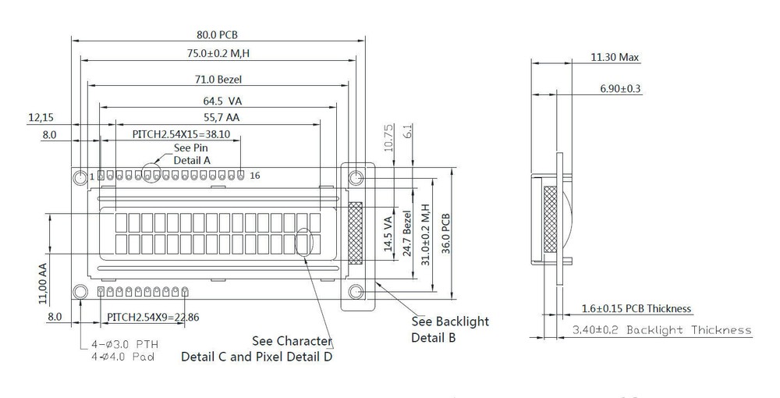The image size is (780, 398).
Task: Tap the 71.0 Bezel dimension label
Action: pos(218,79)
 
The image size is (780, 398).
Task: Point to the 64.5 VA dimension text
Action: pos(221,101)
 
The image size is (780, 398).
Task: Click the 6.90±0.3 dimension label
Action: pos(620,89)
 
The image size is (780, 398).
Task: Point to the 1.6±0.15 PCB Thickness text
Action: pos(636,309)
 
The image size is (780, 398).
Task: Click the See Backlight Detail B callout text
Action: pos(450,329)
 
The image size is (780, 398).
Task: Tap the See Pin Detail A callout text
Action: pos(192,154)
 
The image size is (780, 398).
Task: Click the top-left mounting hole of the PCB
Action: pos(80,178)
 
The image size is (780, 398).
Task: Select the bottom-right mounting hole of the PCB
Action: pos(356,293)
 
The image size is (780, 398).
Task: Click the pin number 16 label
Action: pos(254,176)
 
